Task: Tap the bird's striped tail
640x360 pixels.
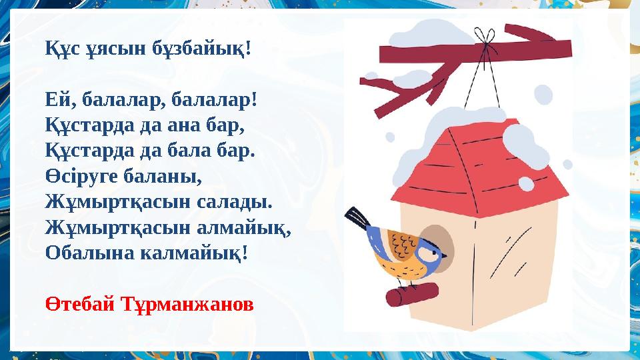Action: coord(357,217)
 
